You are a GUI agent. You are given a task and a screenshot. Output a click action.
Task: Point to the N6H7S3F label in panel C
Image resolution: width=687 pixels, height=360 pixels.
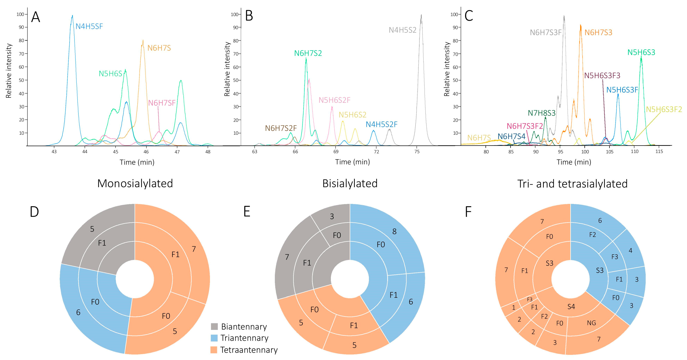[x=546, y=33]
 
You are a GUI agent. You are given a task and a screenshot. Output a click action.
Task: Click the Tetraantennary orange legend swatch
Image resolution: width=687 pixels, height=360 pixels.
[x=214, y=350]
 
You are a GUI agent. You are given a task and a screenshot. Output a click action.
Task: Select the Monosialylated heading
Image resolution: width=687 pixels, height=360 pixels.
[x=135, y=184]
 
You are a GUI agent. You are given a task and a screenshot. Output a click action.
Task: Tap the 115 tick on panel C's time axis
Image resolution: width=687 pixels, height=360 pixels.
[x=659, y=151]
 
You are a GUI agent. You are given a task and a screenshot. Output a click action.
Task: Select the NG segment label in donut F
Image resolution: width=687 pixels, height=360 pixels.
[x=591, y=323]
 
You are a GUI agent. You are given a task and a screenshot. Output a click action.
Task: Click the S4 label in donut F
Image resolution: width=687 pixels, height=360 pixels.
[x=571, y=307]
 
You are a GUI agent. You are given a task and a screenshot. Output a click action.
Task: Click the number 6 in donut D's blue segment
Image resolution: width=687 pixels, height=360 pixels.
[x=78, y=312]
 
